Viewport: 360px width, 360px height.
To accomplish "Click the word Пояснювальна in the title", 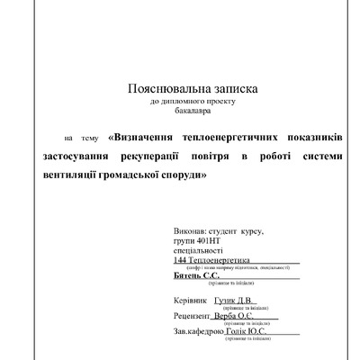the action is point(166,90).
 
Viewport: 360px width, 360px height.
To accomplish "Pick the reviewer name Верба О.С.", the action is point(242,316).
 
